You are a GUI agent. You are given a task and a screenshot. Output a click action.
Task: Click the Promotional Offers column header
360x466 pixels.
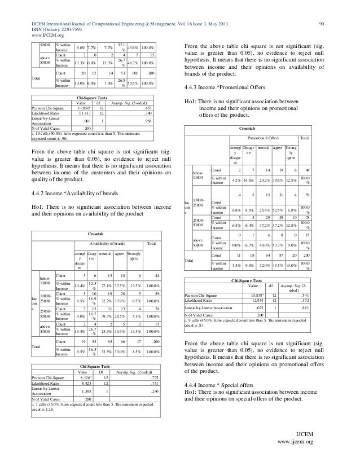tap(264, 137)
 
